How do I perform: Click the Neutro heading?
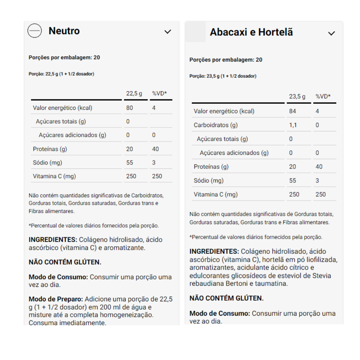pos(64,31)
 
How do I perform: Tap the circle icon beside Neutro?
pos(35,31)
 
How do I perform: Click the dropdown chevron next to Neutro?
pos(168,32)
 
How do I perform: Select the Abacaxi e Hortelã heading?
pos(251,32)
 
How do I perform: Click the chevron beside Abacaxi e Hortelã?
pos(332,33)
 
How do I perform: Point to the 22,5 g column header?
pos(134,94)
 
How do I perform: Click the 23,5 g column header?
pos(297,96)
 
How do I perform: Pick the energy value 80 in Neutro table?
pos(130,108)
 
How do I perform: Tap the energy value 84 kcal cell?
pos(292,111)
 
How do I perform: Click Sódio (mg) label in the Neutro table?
pos(48,162)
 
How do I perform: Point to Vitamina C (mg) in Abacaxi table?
pos(216,194)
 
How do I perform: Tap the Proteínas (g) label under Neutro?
pos(50,149)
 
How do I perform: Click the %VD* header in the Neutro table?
pos(159,94)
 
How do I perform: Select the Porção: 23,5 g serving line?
pos(223,76)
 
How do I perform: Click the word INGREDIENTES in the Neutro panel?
pos(53,240)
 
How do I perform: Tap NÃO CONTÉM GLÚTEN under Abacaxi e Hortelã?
pos(226,298)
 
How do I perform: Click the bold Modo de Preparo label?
pos(56,299)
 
